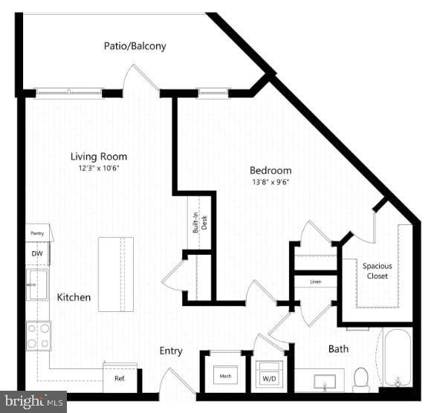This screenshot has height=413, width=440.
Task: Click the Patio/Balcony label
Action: tap(135, 46)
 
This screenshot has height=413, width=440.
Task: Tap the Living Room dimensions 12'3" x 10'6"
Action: tap(99, 169)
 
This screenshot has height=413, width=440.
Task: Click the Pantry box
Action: tap(38, 233)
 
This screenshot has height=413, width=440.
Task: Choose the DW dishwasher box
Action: tap(37, 253)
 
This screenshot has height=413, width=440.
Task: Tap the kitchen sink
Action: tap(37, 284)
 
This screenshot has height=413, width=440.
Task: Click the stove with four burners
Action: tap(38, 334)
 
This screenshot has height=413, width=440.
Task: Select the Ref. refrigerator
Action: tap(120, 377)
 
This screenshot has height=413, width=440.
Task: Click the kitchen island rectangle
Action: tap(116, 274)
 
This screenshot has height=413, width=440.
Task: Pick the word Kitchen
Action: tap(74, 297)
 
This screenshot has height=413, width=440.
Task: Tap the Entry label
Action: tap(171, 351)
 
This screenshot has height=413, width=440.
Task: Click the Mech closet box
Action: tap(225, 377)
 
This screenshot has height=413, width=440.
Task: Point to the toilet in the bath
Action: tap(361, 379)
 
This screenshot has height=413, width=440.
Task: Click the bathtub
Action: tap(398, 358)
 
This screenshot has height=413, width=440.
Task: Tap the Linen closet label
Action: tap(315, 282)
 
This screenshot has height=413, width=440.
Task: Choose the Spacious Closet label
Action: tap(377, 270)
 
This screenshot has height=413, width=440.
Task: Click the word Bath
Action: tap(338, 348)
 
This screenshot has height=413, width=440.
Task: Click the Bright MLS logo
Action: tap(33, 402)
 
